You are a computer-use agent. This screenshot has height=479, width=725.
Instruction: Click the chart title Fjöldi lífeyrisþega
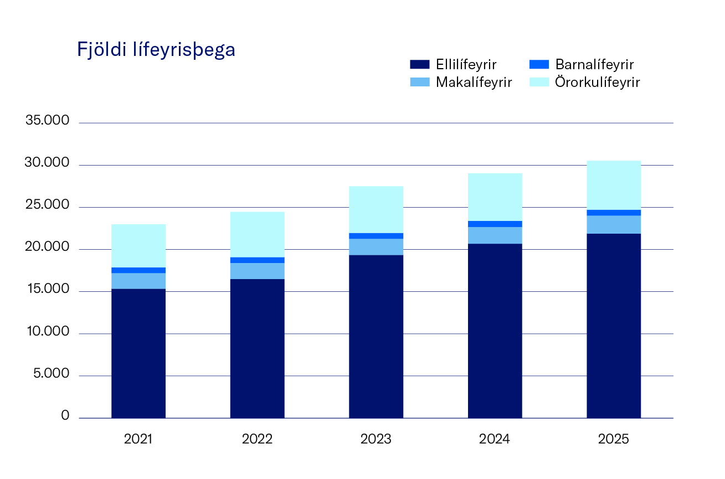156,50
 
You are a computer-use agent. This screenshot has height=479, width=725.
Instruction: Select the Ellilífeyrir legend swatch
420,64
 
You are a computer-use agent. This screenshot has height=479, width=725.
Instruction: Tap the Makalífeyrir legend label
474,83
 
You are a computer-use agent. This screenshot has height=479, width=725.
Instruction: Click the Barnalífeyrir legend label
594,64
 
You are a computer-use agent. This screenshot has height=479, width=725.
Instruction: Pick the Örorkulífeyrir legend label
598,83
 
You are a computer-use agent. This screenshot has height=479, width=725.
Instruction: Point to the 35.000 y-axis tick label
47,121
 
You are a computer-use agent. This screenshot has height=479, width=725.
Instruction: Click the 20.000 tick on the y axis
47,247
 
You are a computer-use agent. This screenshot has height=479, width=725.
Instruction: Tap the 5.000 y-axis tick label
50,374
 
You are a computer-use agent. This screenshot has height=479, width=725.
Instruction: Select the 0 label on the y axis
65,416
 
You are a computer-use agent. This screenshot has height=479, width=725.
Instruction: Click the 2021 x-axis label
138,440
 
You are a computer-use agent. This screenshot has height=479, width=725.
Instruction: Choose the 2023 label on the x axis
376,440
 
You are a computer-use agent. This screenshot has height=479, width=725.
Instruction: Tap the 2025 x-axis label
614,440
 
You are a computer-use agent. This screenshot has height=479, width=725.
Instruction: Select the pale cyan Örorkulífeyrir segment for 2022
257,234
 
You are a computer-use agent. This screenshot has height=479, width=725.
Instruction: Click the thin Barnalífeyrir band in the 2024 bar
495,224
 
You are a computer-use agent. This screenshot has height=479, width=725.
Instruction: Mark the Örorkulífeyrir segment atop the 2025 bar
614,185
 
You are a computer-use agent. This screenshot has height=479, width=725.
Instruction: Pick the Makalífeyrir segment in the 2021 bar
138,281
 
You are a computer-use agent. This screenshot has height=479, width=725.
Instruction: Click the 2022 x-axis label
257,440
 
